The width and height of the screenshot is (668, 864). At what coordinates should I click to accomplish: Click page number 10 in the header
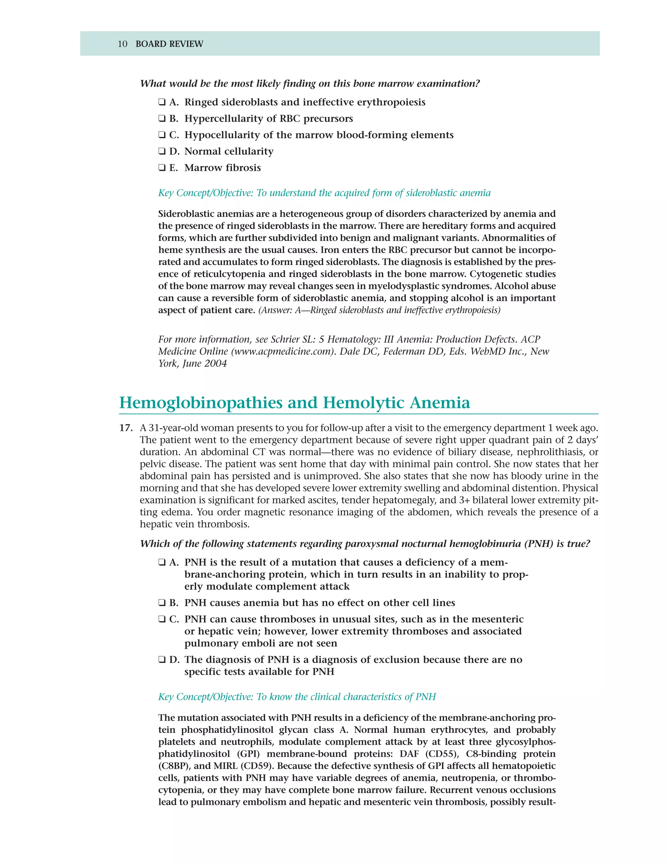pyautogui.click(x=122, y=44)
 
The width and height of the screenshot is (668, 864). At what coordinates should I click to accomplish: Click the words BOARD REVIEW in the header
pyautogui.click(x=169, y=44)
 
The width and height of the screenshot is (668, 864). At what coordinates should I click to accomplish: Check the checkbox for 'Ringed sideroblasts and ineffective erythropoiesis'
pyautogui.click(x=162, y=102)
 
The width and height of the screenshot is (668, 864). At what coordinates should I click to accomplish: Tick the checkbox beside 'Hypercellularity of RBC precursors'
pyautogui.click(x=162, y=119)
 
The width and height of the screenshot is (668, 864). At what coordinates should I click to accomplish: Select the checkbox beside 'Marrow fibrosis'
pyautogui.click(x=162, y=168)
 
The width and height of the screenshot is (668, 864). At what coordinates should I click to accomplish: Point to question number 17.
pyautogui.click(x=126, y=428)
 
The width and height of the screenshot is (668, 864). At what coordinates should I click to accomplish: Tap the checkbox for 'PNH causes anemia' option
pyautogui.click(x=162, y=603)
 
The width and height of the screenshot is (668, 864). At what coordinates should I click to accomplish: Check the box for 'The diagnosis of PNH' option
pyautogui.click(x=162, y=660)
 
